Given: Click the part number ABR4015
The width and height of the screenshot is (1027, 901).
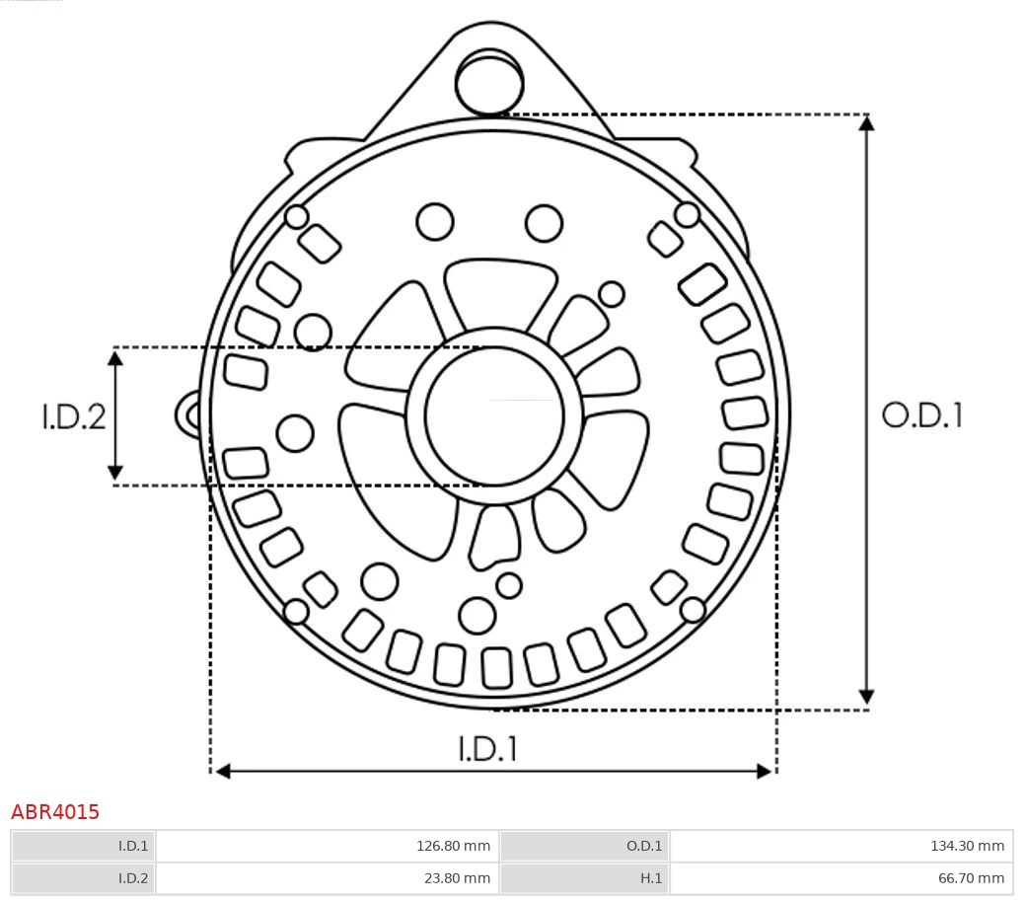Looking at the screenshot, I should tap(55, 812).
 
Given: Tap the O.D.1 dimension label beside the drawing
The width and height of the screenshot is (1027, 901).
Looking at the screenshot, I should tap(921, 415).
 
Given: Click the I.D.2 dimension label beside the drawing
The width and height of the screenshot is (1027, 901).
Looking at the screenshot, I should tap(74, 416).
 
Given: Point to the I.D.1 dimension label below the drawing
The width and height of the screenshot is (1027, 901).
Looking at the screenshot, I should tap(487, 749).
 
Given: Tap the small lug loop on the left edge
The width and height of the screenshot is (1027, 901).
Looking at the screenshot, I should tap(188, 414).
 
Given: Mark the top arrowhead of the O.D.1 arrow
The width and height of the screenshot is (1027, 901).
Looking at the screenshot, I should tap(866, 123).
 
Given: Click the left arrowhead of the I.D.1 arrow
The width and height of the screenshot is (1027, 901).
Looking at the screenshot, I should tap(222, 771).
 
